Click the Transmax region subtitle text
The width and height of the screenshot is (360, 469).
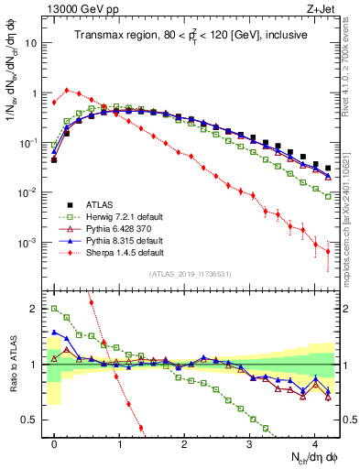click(190, 35)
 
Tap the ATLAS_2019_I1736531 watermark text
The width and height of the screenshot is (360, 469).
click(190, 275)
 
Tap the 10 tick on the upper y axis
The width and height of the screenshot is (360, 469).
click(31, 43)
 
